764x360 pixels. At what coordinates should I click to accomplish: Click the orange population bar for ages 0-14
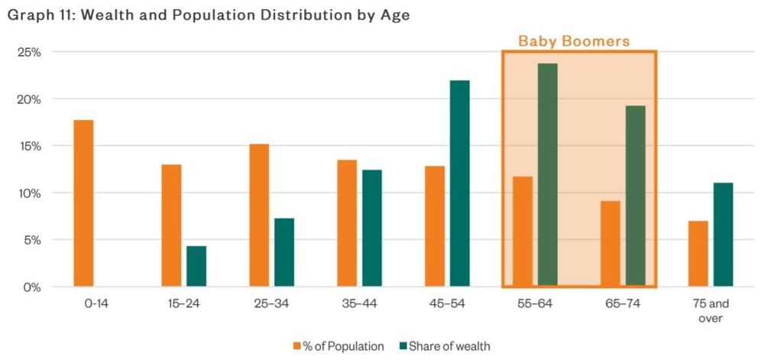(84, 203)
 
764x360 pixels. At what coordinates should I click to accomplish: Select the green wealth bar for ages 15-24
(196, 266)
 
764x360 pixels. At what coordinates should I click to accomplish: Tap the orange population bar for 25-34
(259, 215)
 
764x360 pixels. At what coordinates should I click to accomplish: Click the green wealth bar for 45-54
(459, 183)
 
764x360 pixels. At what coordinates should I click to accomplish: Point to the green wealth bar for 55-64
(548, 175)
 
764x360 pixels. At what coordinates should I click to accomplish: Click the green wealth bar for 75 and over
(723, 235)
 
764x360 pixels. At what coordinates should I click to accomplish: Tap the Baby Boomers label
(574, 41)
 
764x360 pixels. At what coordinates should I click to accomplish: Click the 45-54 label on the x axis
(447, 303)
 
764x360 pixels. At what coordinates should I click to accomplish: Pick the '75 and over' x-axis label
(711, 310)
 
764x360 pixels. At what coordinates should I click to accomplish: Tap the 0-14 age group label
(96, 303)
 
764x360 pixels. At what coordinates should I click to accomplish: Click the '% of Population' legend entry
(338, 346)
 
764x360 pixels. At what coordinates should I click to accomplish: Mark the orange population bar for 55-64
(523, 232)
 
